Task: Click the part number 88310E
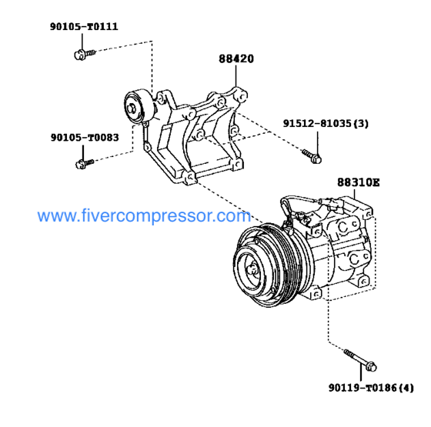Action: (x=358, y=183)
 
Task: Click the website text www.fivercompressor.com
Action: (x=144, y=218)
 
